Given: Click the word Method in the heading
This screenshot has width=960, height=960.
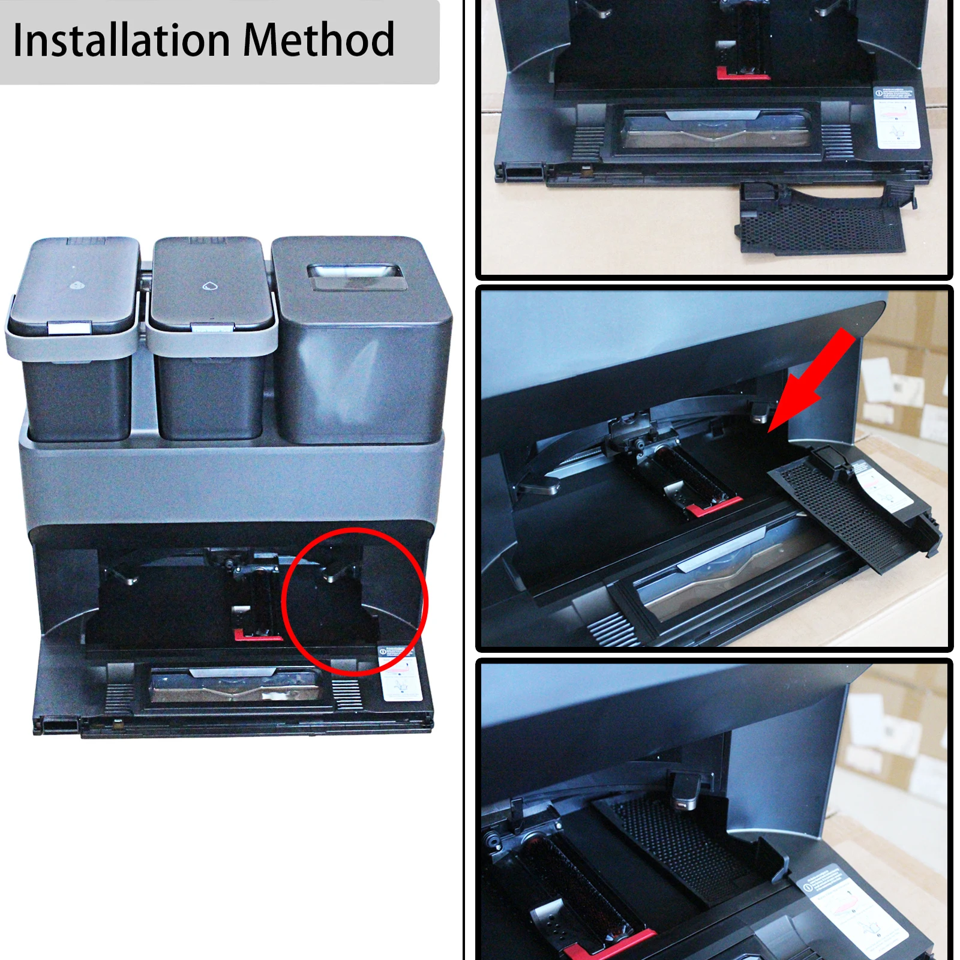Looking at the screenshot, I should tap(319, 40).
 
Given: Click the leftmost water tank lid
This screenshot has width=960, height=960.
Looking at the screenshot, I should tap(75, 282).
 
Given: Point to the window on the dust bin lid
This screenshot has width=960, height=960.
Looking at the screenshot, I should tap(355, 278).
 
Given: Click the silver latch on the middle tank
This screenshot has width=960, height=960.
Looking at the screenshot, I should tap(212, 328).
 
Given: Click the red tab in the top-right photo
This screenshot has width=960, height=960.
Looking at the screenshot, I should tap(742, 74).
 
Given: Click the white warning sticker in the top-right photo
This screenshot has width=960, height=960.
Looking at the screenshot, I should tap(896, 117).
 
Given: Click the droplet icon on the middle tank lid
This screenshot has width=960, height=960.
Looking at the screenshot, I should tap(208, 286).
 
